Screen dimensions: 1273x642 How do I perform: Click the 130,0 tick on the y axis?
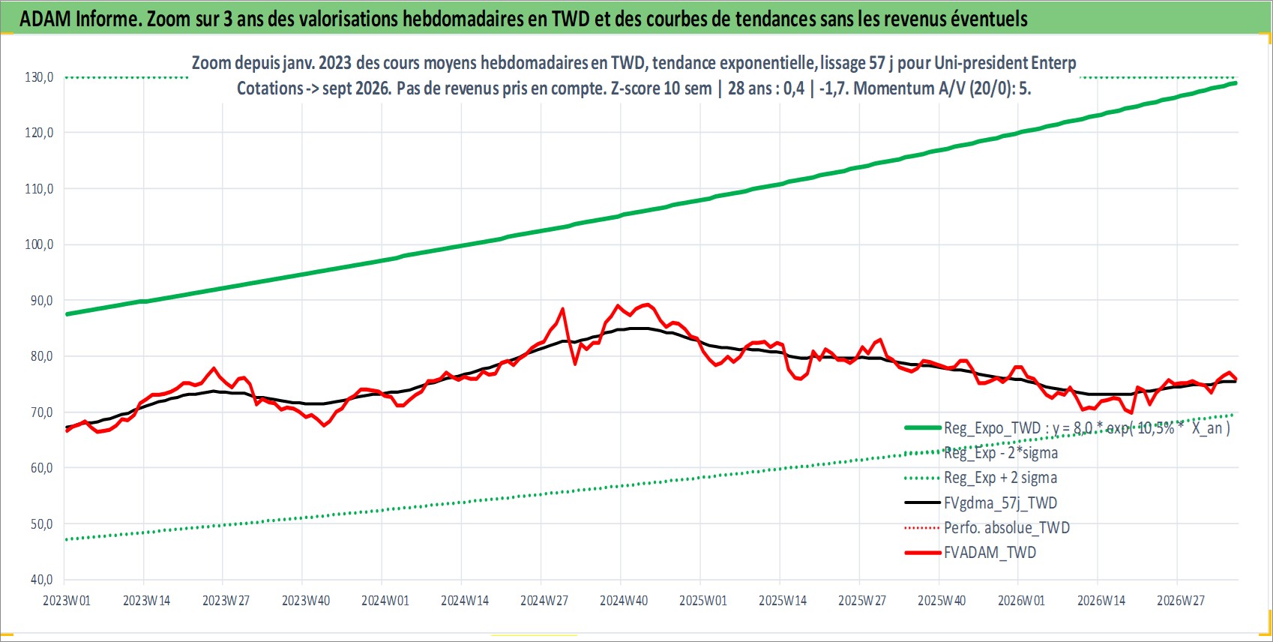click(x=39, y=76)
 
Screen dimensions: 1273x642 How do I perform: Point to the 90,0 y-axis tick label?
click(x=39, y=300)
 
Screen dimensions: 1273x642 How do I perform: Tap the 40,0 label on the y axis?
click(x=39, y=580)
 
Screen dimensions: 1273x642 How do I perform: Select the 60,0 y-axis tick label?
click(x=39, y=468)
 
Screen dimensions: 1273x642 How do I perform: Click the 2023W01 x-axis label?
click(x=67, y=601)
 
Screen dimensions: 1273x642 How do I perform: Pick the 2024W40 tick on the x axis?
click(x=624, y=601)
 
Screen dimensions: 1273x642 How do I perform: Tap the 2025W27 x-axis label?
click(x=862, y=601)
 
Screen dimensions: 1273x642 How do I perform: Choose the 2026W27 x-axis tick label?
click(x=1180, y=601)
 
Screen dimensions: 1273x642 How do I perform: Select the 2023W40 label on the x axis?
click(x=305, y=601)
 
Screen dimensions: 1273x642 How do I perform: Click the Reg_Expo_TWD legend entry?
click(x=1068, y=427)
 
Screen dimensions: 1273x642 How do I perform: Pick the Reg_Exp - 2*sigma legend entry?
click(x=981, y=453)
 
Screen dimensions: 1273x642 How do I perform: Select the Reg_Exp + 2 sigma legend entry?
click(x=981, y=478)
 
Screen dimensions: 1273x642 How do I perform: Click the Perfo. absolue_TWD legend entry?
click(x=987, y=528)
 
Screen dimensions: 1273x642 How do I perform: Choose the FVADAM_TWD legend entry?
click(x=971, y=552)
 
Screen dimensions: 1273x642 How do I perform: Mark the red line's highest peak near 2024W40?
click(x=648, y=304)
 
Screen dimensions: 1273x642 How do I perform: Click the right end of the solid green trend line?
click(x=1236, y=83)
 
